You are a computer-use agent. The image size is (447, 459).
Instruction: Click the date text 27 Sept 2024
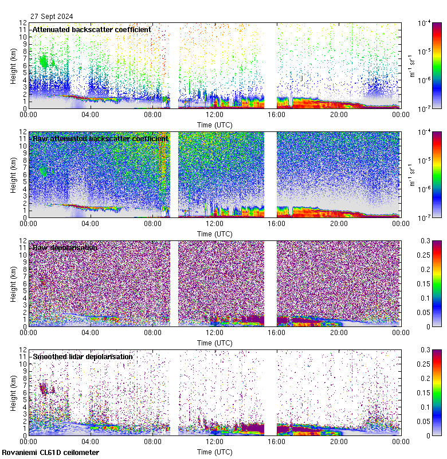(x=52, y=17)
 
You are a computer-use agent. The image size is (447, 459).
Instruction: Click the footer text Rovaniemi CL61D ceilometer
(x=50, y=453)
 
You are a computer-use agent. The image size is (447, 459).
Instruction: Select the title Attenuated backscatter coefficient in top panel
(x=92, y=29)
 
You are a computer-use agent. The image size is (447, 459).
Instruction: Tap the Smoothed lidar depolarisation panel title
(x=83, y=356)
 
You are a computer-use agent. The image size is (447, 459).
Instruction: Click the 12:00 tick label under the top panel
(x=215, y=114)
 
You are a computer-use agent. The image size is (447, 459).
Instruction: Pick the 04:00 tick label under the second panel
(x=91, y=223)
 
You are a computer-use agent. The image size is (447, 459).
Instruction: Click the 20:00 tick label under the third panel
(x=339, y=332)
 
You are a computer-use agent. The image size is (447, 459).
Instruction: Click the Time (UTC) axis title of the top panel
(x=215, y=125)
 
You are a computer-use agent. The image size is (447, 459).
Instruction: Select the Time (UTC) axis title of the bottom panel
(x=215, y=452)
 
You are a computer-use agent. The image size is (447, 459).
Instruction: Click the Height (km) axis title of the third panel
(x=13, y=283)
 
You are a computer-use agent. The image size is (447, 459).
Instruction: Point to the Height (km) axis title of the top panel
(x=13, y=65)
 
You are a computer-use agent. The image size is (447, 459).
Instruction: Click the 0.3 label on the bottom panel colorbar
(x=425, y=349)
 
